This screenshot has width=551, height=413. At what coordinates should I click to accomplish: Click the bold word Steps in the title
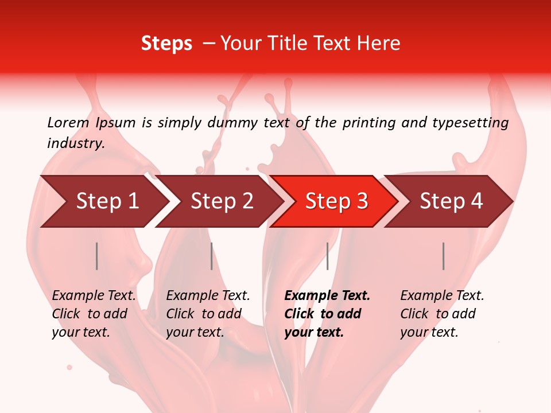166,44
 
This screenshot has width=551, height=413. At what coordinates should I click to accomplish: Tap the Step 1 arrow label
107,201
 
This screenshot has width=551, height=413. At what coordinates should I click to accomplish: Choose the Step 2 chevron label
222,201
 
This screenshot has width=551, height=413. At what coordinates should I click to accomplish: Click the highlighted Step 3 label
336,201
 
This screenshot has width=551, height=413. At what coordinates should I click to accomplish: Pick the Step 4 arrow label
451,201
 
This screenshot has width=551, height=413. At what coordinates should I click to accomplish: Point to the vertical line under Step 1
97,256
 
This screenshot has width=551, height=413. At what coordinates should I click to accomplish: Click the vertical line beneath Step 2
212,256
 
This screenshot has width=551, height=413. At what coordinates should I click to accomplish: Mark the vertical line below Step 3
327,256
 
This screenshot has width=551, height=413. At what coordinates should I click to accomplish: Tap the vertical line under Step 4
444,256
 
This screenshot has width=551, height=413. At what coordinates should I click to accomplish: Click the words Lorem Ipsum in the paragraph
91,123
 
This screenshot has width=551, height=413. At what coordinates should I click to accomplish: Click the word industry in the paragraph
75,143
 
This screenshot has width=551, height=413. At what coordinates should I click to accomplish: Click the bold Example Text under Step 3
327,296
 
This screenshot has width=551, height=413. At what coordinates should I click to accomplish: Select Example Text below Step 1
94,296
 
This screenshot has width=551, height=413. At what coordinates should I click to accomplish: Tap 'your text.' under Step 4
429,332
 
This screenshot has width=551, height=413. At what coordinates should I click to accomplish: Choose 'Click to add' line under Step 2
204,314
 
